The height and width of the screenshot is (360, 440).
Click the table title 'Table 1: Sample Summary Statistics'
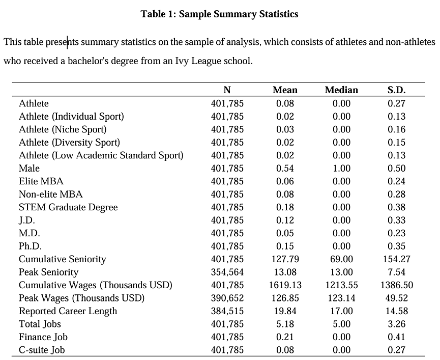(x=219, y=14)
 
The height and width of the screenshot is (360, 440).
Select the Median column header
(x=341, y=90)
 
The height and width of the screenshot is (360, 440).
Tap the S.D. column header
(x=396, y=90)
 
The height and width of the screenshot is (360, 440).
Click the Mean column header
(x=285, y=90)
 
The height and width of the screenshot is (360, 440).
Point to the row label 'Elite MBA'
(x=41, y=181)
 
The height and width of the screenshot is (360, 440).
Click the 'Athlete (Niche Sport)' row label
(x=63, y=129)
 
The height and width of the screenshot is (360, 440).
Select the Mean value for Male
(x=285, y=168)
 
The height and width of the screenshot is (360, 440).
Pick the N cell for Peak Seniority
(x=227, y=272)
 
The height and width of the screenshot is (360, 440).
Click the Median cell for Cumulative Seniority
(x=341, y=259)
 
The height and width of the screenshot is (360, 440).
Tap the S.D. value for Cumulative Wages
(x=397, y=285)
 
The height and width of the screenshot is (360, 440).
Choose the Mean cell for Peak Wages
(x=285, y=298)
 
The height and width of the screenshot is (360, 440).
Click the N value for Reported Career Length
(x=227, y=311)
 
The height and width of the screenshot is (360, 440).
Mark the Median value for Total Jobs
(x=341, y=324)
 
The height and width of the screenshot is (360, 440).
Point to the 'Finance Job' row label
(x=43, y=337)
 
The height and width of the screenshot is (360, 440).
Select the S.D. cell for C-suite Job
(x=396, y=350)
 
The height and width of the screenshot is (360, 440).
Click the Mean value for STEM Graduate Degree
(x=285, y=207)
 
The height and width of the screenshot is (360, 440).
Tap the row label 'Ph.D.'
(x=30, y=246)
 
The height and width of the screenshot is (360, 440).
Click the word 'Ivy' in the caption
(x=182, y=61)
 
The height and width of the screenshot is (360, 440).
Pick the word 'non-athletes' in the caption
(x=410, y=42)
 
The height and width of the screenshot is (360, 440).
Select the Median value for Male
(x=341, y=168)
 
